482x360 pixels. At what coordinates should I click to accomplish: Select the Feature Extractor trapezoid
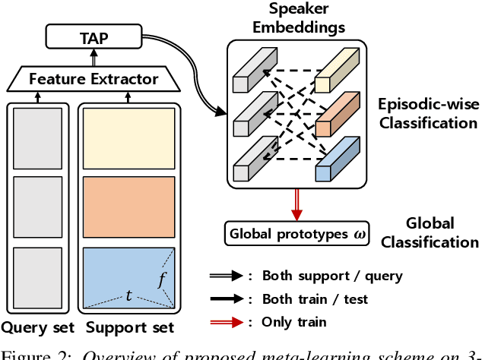click(x=94, y=78)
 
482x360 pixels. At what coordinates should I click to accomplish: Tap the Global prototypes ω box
click(x=296, y=232)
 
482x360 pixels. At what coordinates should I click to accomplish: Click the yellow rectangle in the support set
click(x=128, y=137)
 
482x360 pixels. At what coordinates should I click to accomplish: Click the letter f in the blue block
click(x=161, y=280)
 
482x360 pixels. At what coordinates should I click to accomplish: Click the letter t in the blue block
click(x=128, y=295)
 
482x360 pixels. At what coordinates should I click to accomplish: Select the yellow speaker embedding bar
click(x=336, y=72)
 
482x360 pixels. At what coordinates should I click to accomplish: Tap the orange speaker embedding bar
click(x=336, y=113)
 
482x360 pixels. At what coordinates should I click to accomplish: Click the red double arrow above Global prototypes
click(x=296, y=204)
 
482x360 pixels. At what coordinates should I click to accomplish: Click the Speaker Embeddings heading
click(x=297, y=19)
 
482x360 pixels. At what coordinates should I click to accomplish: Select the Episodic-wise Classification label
click(x=428, y=112)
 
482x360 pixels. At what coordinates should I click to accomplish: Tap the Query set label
click(x=37, y=328)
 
